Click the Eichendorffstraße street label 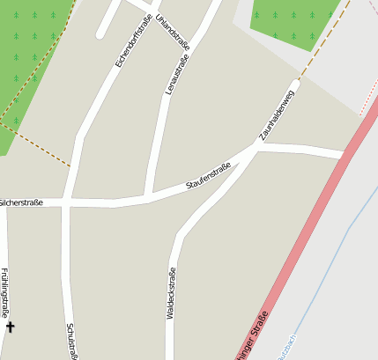click(x=131, y=40)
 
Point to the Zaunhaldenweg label click(x=276, y=115)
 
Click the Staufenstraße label click(x=208, y=176)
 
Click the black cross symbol click(x=11, y=327)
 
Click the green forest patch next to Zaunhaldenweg click(x=291, y=19)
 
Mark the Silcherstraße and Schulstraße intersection click(x=66, y=202)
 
